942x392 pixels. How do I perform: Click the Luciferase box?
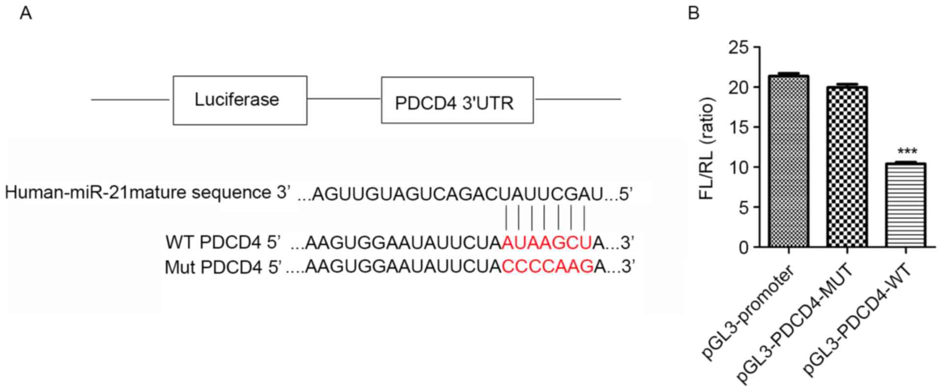point(240,100)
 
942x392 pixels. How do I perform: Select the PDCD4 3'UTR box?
point(457,100)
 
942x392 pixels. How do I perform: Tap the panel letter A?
point(26,13)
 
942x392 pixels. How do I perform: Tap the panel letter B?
point(693,13)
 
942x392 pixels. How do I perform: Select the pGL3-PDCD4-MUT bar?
point(847,167)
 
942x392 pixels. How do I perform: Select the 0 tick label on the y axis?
point(744,248)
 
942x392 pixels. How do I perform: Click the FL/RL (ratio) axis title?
point(707,148)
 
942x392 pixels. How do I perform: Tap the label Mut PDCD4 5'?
point(223,267)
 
